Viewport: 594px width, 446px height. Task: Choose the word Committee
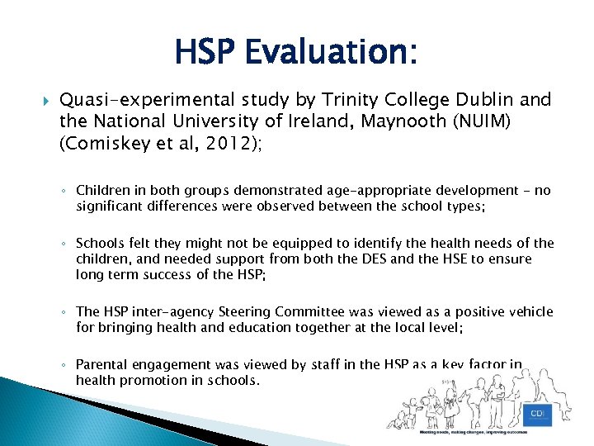(318, 311)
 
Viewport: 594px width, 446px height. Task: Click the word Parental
(101, 364)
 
